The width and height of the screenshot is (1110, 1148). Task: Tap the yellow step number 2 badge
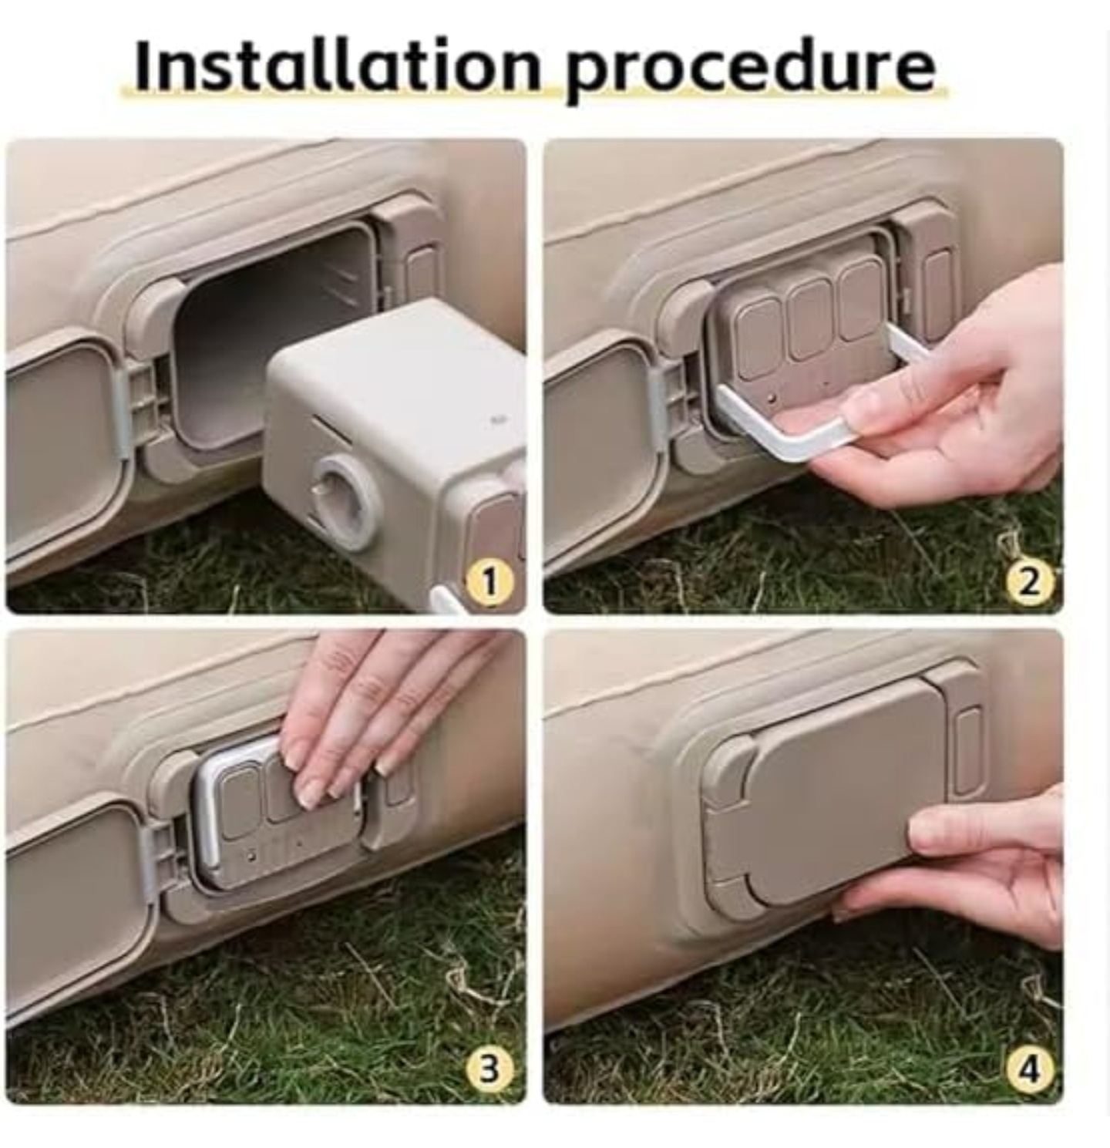coord(1029,581)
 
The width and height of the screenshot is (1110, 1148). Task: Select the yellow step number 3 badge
coord(489,1069)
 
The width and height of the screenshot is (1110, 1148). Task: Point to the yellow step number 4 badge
coord(1028,1069)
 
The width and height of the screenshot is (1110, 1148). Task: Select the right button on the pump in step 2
coord(861,301)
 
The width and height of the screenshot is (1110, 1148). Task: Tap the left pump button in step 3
coord(240,802)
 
